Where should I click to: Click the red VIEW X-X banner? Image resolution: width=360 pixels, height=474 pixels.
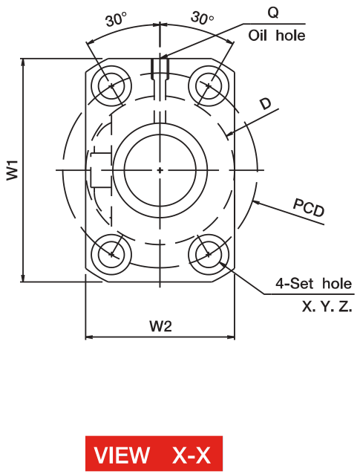click(154, 453)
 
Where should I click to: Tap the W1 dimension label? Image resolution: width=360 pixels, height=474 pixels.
click(13, 170)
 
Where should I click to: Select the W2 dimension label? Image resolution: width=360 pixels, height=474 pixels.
click(160, 326)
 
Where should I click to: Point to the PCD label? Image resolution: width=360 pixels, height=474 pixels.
click(309, 208)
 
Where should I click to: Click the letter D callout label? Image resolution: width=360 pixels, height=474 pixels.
click(266, 104)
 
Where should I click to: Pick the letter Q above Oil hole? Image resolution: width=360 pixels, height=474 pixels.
click(273, 13)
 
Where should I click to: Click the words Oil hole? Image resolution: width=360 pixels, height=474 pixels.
click(277, 36)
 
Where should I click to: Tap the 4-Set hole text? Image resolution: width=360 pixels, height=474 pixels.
click(313, 284)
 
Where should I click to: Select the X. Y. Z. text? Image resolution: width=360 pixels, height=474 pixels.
click(327, 307)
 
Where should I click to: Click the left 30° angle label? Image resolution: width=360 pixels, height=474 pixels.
click(116, 19)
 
